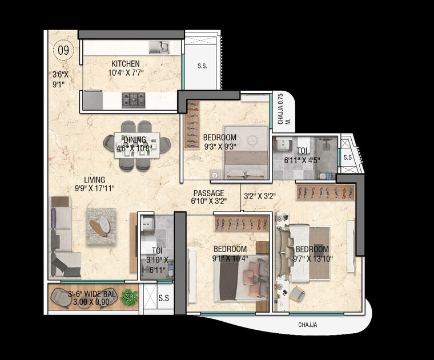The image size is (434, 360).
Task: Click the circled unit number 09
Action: pyautogui.click(x=62, y=50)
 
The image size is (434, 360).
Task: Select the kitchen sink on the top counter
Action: pyautogui.click(x=159, y=47)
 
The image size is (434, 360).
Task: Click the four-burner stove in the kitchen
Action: pyautogui.click(x=134, y=99)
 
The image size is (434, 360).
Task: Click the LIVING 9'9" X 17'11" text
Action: pyautogui.click(x=94, y=184)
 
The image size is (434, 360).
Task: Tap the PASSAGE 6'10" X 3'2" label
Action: pyautogui.click(x=208, y=197)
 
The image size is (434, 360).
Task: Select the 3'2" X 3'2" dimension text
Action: pyautogui.click(x=260, y=196)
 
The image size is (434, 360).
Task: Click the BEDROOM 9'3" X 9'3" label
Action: pyautogui.click(x=220, y=141)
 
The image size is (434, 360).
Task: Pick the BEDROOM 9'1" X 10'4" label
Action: pyautogui.click(x=230, y=253)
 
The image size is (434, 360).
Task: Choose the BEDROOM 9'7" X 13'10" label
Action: pyautogui.click(x=312, y=254)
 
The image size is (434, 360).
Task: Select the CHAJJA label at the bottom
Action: pyautogui.click(x=307, y=325)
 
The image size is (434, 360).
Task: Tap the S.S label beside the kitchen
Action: pyautogui.click(x=202, y=66)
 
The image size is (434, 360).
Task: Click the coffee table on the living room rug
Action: pyautogui.click(x=101, y=225)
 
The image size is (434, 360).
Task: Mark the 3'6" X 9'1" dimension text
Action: pyautogui.click(x=60, y=79)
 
